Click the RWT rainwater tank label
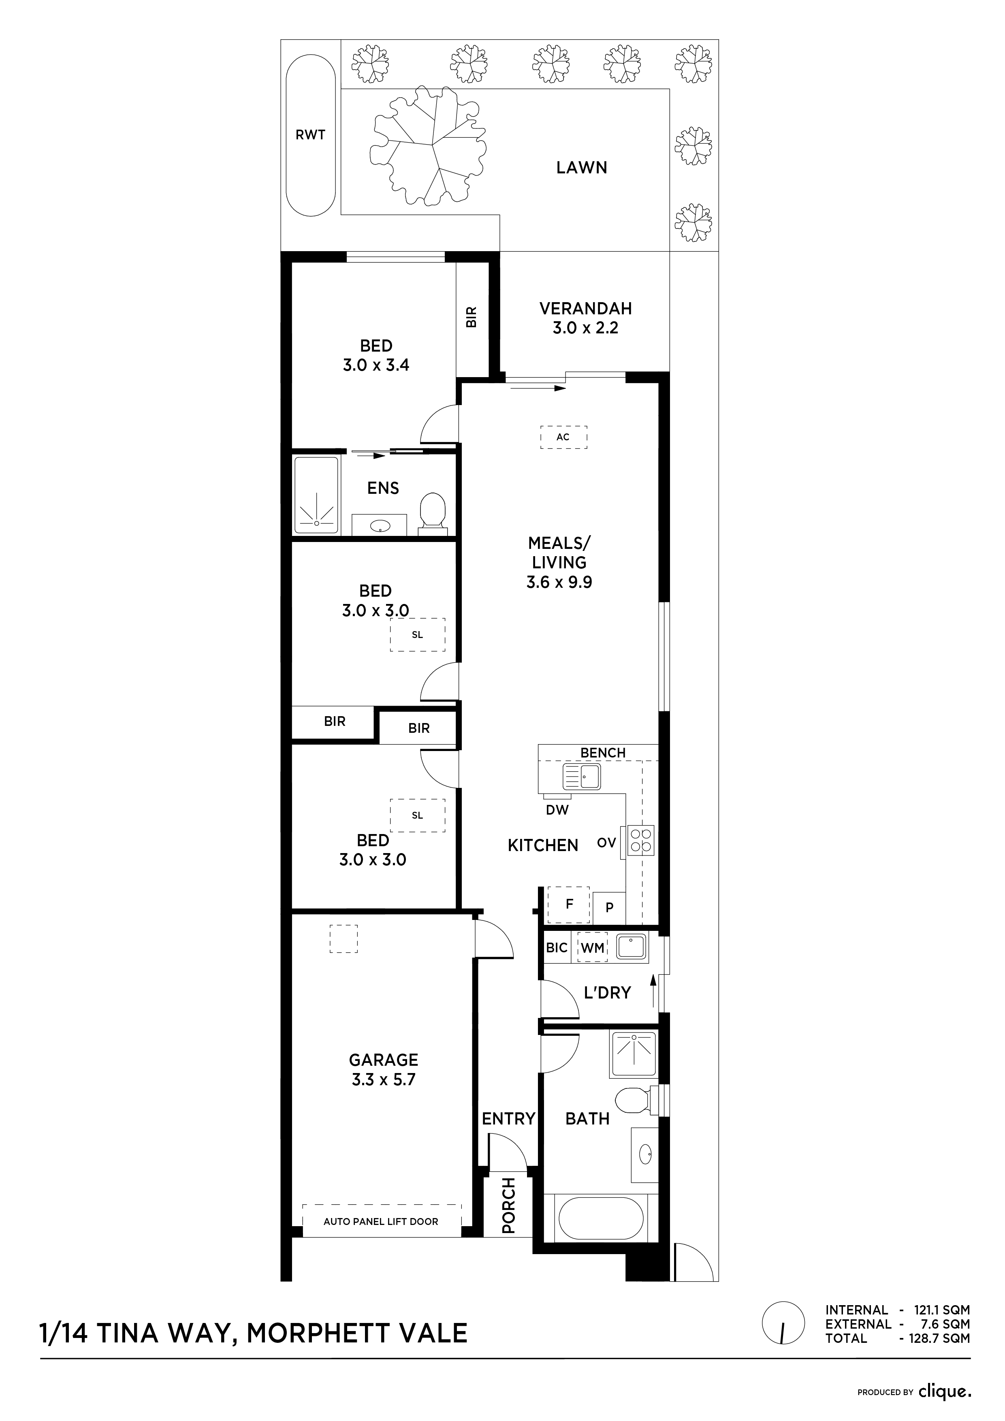click(310, 135)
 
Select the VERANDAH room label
click(585, 308)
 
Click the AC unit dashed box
click(563, 437)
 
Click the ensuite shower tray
click(317, 495)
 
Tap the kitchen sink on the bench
click(582, 777)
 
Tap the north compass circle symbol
click(784, 1324)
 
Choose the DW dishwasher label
click(557, 809)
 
